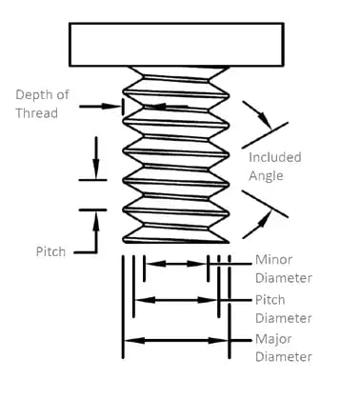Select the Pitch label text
[x=50, y=250]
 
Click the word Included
[x=274, y=157]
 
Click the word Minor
[x=272, y=260]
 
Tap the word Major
[x=272, y=339]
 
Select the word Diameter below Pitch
[x=283, y=318]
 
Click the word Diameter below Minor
[x=283, y=279]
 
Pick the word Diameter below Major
[x=283, y=357]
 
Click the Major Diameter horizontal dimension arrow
[x=176, y=339]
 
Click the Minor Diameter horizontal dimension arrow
[x=175, y=262]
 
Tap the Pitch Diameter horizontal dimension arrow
[x=176, y=300]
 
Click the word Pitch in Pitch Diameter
[x=270, y=299]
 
